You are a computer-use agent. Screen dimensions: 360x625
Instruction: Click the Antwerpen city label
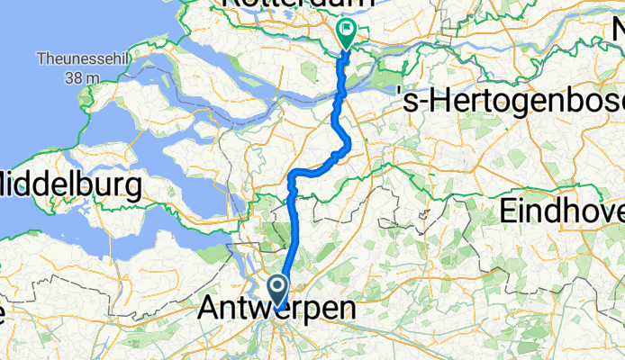coord(276,309)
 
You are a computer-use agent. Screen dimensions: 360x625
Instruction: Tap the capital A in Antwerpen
coord(208,309)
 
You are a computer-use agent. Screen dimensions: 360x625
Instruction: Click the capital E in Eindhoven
coord(509,212)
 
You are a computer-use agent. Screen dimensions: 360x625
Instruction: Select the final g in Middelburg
coord(132,190)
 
